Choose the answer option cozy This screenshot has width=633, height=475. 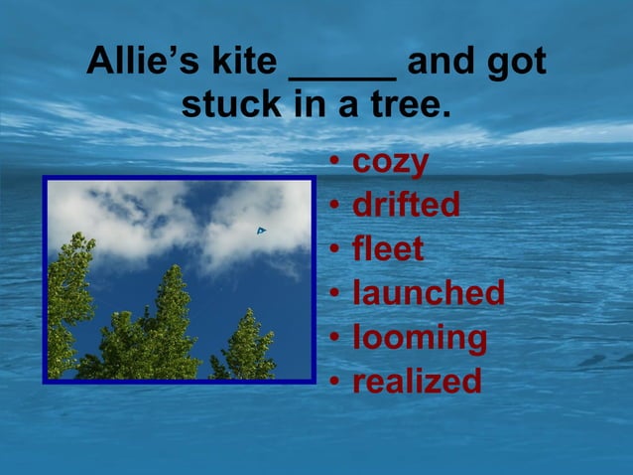click(391, 162)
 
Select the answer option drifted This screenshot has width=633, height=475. click(406, 205)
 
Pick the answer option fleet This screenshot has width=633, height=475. click(388, 248)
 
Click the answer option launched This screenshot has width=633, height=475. click(429, 292)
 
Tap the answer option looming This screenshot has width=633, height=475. click(420, 337)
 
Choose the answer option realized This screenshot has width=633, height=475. click(417, 380)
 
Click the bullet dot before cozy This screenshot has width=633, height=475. click(336, 163)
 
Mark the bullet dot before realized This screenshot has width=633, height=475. click(336, 381)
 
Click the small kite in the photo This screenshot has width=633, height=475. click(261, 231)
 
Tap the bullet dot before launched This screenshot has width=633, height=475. click(336, 293)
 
